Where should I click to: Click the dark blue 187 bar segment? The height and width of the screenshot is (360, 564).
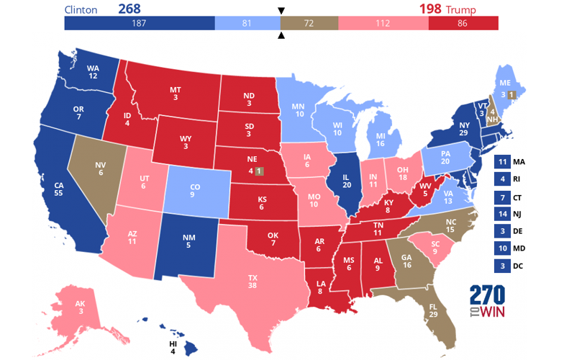pos(140,24)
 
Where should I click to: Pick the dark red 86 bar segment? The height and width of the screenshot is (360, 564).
pos(463,24)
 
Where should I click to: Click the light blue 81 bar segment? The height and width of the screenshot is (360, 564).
pos(247,24)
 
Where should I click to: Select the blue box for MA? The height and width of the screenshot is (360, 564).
pos(503,162)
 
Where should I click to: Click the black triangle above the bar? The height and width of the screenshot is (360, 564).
pos(280,11)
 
